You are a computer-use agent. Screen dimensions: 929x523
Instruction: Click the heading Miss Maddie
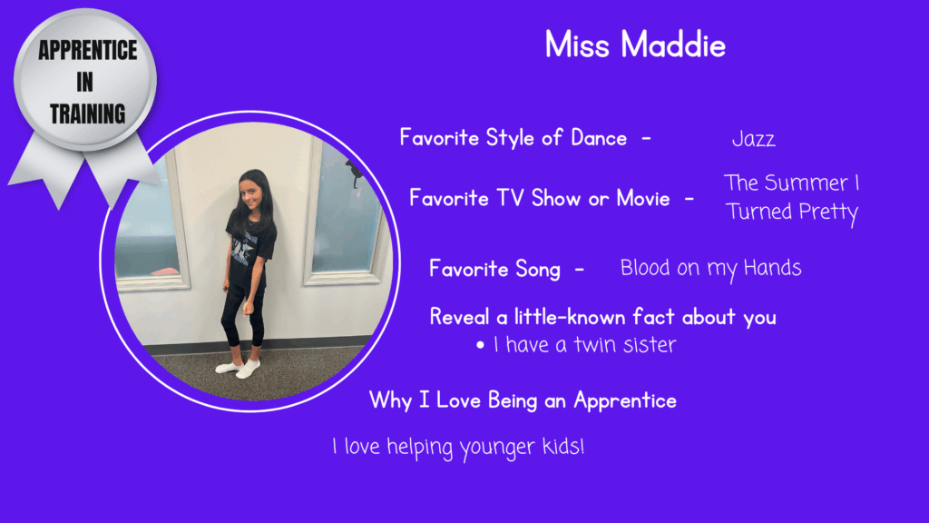pos(635,44)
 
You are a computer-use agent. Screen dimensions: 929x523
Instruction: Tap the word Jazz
pos(753,139)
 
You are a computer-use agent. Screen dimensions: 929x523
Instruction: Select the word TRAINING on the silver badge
pos(88,113)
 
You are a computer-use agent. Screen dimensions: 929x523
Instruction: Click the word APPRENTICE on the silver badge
pos(88,51)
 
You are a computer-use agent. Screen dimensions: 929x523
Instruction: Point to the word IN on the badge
pos(84,82)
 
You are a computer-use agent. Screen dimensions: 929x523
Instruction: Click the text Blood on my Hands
pos(710,268)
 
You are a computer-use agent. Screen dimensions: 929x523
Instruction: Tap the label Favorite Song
pos(494,269)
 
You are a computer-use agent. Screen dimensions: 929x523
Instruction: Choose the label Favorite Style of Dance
pos(513,138)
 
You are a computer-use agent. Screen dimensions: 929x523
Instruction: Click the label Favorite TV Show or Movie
pos(540,198)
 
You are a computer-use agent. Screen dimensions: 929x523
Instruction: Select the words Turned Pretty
pos(791,212)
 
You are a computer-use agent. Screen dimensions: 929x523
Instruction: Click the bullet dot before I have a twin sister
pos(481,345)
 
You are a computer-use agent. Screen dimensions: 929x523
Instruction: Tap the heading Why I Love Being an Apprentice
pos(523,400)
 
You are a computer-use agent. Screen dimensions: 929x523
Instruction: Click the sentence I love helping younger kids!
pos(458,447)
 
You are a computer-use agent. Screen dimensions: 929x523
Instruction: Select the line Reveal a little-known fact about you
pos(602,317)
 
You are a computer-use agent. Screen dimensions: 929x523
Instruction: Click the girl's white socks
pos(239,368)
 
